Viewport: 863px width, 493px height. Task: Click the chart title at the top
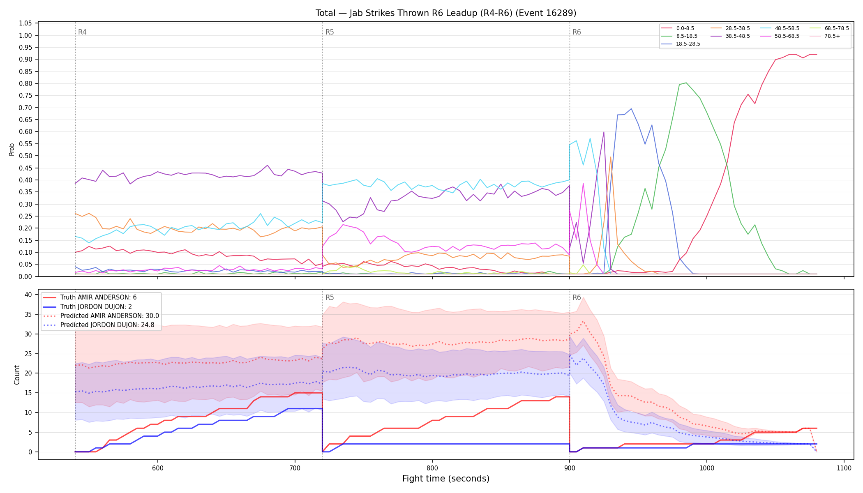tap(446, 13)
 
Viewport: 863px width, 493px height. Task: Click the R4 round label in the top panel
tap(82, 32)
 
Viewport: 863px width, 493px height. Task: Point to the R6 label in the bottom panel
tap(577, 297)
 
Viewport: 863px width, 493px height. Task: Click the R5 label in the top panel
tap(330, 32)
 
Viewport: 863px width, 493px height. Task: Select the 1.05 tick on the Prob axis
tap(25, 23)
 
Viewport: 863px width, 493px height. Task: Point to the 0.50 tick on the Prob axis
tap(25, 156)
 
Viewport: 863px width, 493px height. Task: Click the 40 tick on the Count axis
tap(28, 295)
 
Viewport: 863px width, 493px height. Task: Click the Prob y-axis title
tap(12, 149)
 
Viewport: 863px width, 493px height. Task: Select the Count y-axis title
tap(17, 375)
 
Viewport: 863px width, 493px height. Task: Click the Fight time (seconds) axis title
tap(446, 479)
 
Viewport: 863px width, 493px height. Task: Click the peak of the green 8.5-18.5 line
tap(686, 83)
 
